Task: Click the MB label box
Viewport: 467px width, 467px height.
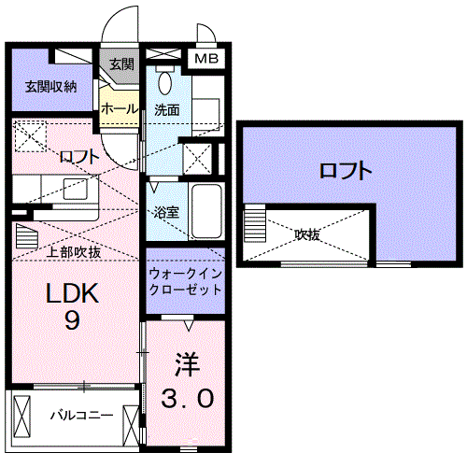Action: [x=205, y=59]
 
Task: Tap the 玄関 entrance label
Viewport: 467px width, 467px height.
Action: [x=121, y=64]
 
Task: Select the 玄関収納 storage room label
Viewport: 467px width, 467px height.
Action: [x=51, y=87]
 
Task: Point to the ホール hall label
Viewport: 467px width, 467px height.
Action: [x=120, y=108]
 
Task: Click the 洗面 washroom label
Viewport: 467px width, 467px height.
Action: [x=167, y=109]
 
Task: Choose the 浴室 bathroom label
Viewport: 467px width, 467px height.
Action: [x=167, y=212]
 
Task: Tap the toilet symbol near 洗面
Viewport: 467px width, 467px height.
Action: [x=166, y=82]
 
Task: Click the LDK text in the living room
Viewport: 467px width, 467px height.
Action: [x=72, y=295]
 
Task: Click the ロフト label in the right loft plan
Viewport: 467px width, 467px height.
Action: [x=346, y=171]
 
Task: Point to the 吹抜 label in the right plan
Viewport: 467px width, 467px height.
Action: [x=307, y=235]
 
